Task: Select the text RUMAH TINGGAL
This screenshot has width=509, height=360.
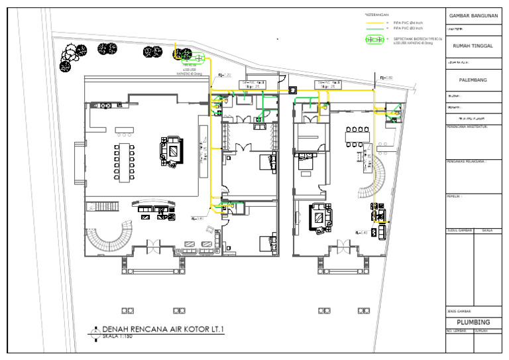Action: coord(473,46)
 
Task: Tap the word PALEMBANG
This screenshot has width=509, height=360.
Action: coord(473,80)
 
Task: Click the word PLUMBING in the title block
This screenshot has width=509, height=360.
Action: coord(473,322)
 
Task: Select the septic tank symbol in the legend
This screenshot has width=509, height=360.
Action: coord(376,40)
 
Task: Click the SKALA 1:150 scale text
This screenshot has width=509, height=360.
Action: coord(116,337)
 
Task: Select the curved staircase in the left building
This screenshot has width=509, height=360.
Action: coord(113,233)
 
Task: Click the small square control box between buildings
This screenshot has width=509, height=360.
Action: coord(292,89)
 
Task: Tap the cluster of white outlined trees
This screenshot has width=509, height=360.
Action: coord(70,56)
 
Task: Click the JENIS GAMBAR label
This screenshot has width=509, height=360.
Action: coord(459,311)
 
